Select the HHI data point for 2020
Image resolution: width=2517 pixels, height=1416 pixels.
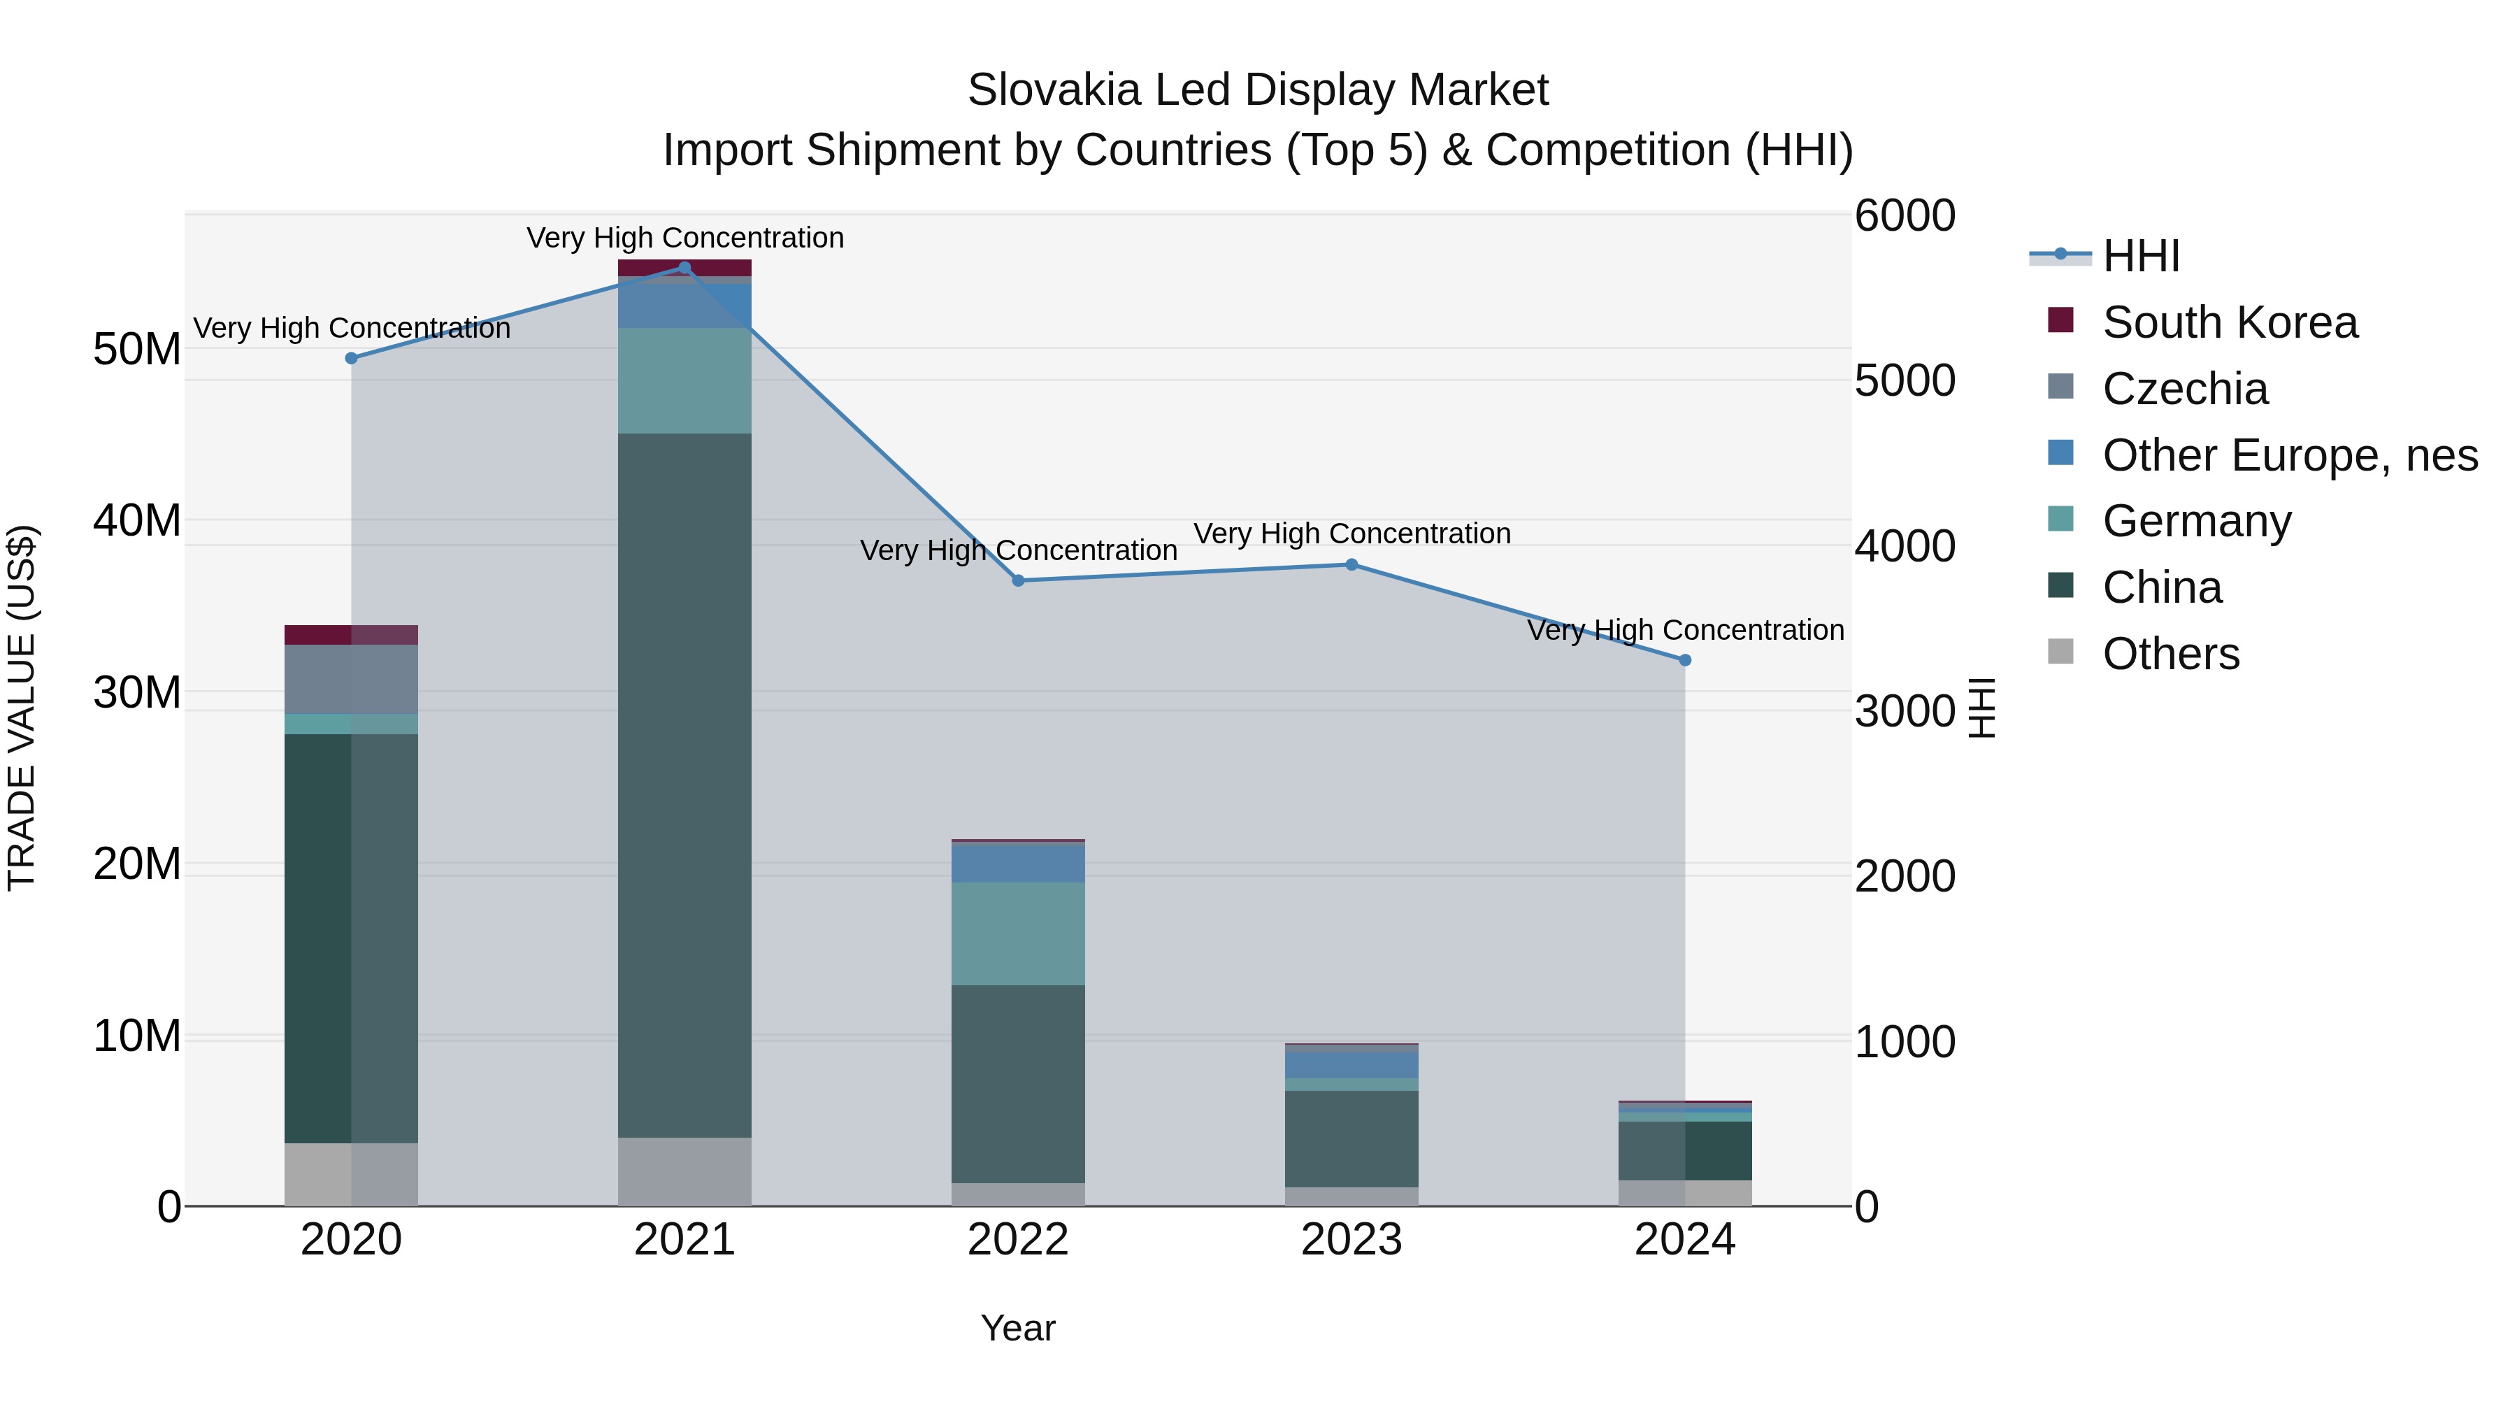click(x=352, y=359)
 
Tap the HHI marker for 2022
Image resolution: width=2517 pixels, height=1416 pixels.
click(x=1018, y=580)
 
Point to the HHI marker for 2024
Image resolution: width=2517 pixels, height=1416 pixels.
click(x=1684, y=661)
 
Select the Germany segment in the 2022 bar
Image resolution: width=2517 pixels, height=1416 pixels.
click(x=1018, y=934)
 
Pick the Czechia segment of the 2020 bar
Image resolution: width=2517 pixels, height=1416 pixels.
click(x=351, y=679)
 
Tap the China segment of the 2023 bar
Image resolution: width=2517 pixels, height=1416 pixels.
click(x=1351, y=1138)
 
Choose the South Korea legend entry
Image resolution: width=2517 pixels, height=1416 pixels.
click(x=2229, y=322)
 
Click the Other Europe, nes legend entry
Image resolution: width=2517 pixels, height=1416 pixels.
click(x=2289, y=455)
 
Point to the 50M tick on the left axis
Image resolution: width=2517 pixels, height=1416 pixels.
click(x=137, y=350)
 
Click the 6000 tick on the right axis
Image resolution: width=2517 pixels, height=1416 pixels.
click(x=1905, y=216)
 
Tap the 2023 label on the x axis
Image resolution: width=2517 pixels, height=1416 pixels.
click(x=1351, y=1240)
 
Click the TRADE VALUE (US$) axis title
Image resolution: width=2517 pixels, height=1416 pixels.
click(x=22, y=708)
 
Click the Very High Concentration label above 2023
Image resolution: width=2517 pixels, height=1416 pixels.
click(x=1351, y=534)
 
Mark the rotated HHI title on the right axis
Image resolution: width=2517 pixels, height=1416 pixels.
click(x=1981, y=708)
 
